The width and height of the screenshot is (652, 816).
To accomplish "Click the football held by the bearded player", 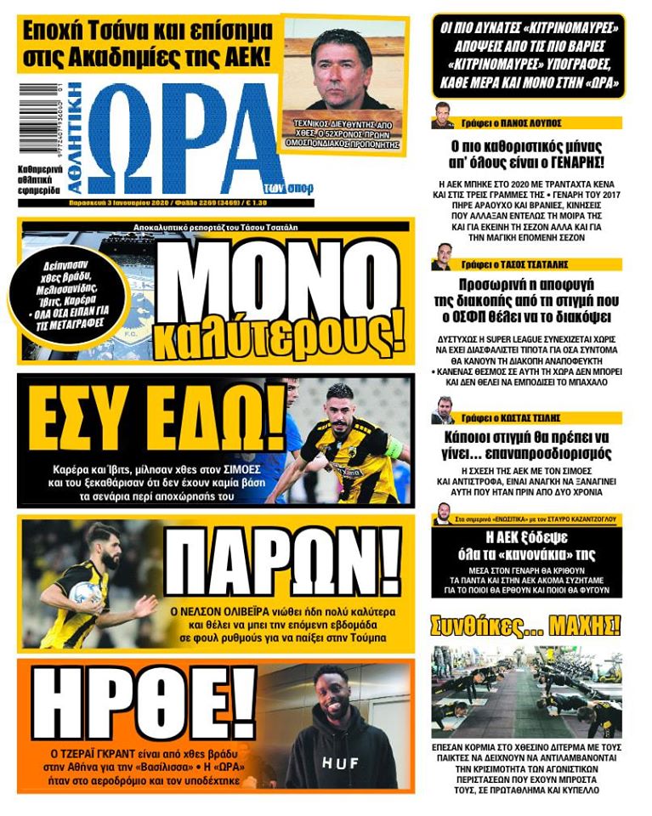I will point(86,592).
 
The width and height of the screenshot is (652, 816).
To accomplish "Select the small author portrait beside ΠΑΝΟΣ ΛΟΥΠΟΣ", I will point(442,116).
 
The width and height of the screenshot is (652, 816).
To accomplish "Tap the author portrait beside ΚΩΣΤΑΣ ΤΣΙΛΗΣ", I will point(442,411).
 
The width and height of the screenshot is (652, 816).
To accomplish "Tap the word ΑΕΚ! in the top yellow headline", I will point(242,59).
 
